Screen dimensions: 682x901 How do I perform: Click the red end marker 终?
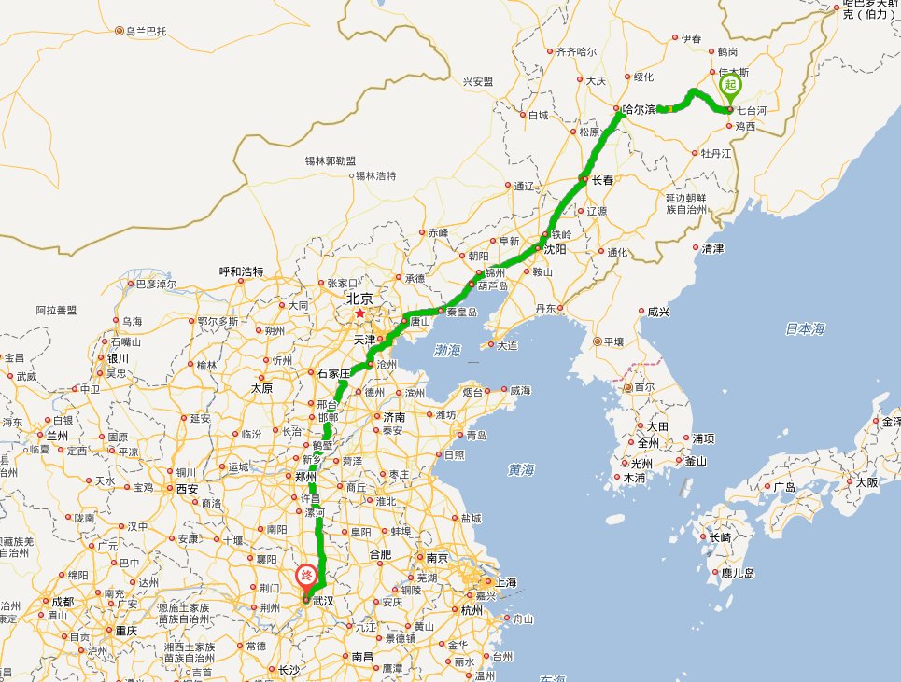(305, 577)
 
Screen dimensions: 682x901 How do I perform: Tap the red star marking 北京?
(360, 313)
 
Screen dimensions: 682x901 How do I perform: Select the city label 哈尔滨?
(640, 109)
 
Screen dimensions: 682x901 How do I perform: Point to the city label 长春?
(602, 180)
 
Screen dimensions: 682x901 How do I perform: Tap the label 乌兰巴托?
(147, 32)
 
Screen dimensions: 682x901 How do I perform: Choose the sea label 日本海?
(805, 328)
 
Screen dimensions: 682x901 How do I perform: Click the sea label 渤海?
(448, 351)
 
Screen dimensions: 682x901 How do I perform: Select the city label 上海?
(506, 582)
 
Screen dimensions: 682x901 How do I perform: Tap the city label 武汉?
(324, 601)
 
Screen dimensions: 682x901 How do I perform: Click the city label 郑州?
(307, 476)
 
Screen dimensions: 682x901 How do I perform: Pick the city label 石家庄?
(331, 374)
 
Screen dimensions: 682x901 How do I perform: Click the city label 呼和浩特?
(241, 271)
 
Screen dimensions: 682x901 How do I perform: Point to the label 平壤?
(613, 341)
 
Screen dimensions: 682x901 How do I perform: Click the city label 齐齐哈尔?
(576, 51)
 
